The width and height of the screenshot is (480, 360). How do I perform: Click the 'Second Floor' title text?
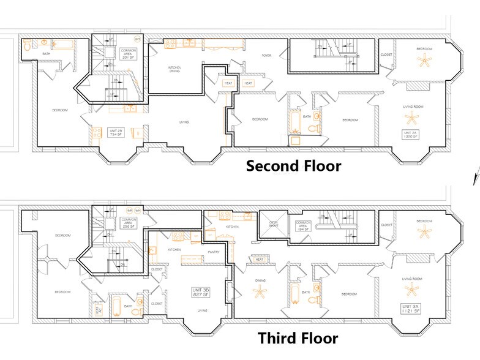coord(293,165)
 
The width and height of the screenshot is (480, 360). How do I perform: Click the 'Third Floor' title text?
coord(297,339)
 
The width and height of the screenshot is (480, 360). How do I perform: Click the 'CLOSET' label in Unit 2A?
coord(386,54)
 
